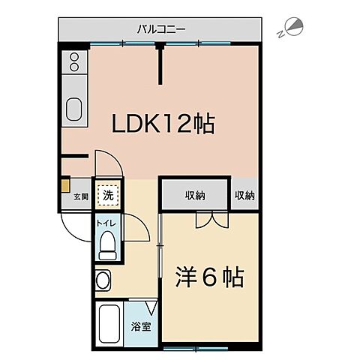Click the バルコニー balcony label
(x=161, y=29)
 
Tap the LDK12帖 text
(x=163, y=124)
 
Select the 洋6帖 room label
(x=209, y=277)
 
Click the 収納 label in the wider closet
(x=195, y=196)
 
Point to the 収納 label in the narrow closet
(x=244, y=196)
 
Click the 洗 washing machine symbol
(x=109, y=195)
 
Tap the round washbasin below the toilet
(x=103, y=281)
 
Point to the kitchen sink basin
(x=75, y=109)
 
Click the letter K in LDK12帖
(x=150, y=124)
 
